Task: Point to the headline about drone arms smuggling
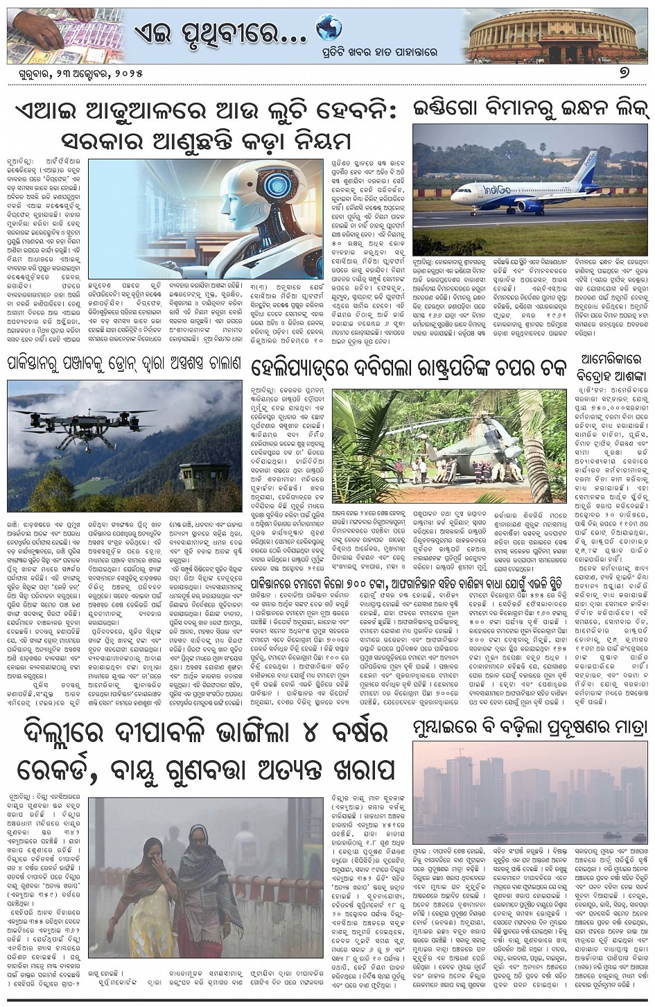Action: [x=125, y=363]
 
